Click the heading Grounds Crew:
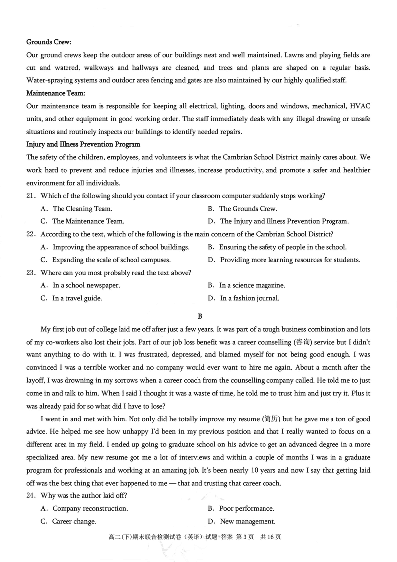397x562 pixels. point(49,42)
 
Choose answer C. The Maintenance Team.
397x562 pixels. point(83,221)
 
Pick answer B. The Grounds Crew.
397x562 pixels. point(243,209)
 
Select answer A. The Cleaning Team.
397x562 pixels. point(77,209)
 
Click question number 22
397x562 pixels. point(32,234)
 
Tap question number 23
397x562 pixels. point(32,273)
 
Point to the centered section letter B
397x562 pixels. point(200,315)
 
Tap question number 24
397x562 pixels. point(32,495)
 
